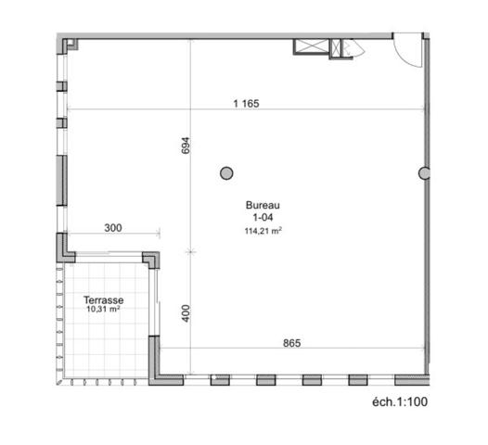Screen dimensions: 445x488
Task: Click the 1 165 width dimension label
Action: pyautogui.click(x=246, y=104)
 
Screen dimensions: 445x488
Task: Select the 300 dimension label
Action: pyautogui.click(x=112, y=227)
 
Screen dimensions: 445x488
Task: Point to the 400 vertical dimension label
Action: pyautogui.click(x=186, y=312)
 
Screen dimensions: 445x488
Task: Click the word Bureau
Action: pyautogui.click(x=263, y=206)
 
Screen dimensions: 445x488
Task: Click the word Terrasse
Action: pyautogui.click(x=103, y=300)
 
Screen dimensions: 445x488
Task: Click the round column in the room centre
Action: pyautogui.click(x=226, y=172)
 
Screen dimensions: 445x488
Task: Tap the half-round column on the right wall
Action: pyautogui.click(x=425, y=172)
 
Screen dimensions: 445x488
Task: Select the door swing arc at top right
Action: pyautogui.click(x=406, y=51)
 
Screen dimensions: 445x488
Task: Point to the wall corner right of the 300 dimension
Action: pyautogui.click(x=150, y=259)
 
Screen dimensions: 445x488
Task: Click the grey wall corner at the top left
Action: pyautogui.click(x=66, y=44)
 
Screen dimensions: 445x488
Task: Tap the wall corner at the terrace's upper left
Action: pyautogui.click(x=66, y=248)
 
